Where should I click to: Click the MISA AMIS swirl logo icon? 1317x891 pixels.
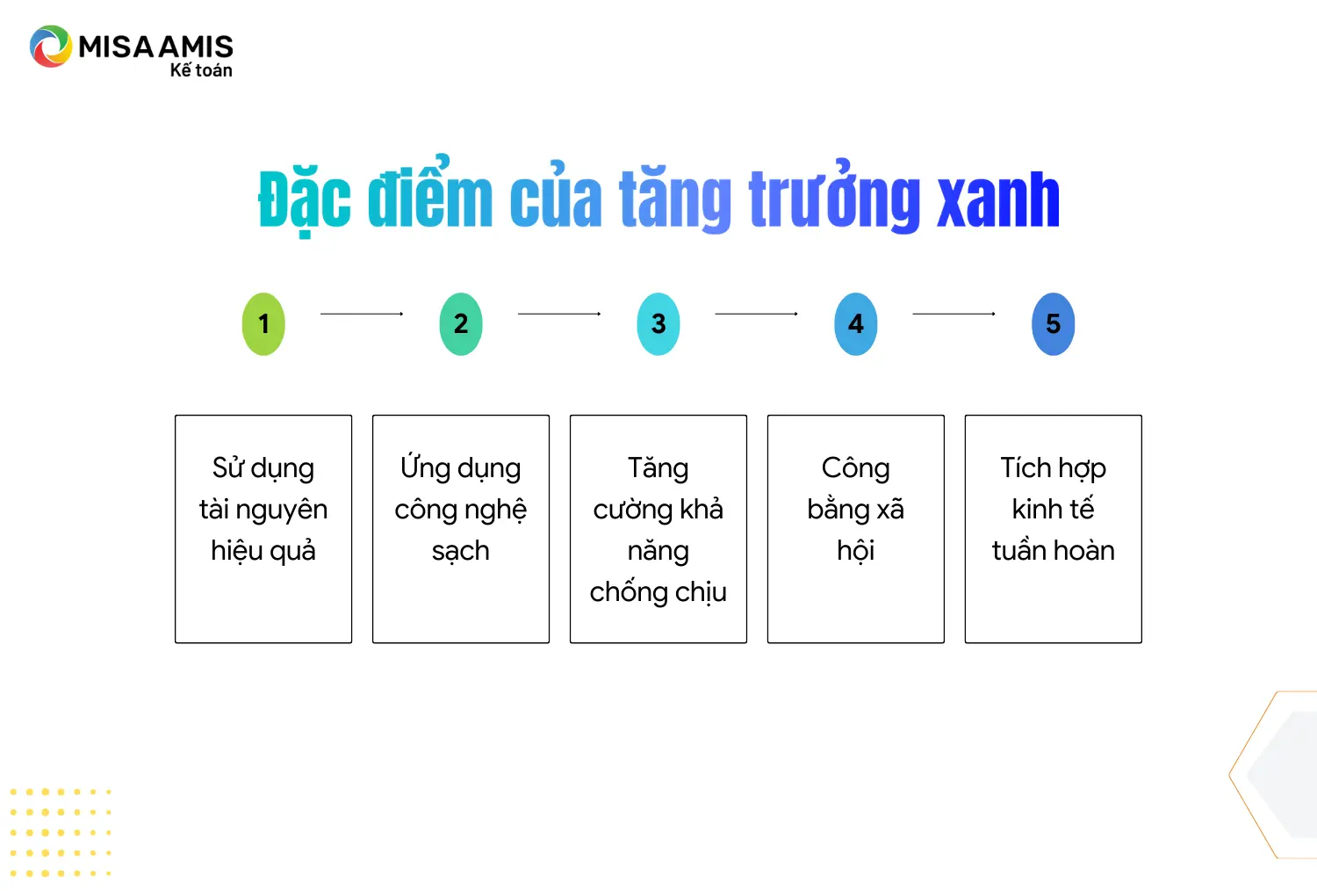pyautogui.click(x=51, y=46)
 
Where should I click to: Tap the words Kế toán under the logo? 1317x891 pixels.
pyautogui.click(x=201, y=70)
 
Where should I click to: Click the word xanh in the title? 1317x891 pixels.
pyautogui.click(x=997, y=199)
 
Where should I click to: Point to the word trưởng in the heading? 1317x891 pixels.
pyautogui.click(x=834, y=197)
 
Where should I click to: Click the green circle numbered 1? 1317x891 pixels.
pyautogui.click(x=263, y=323)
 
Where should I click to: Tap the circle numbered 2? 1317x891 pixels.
pyautogui.click(x=461, y=323)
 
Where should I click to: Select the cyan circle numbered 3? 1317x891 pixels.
pyautogui.click(x=658, y=323)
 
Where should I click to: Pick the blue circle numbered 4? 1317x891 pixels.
pyautogui.click(x=856, y=323)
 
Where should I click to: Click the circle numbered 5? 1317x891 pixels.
pyautogui.click(x=1053, y=323)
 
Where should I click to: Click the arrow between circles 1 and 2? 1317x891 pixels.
pyautogui.click(x=362, y=314)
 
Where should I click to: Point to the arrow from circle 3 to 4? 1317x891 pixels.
pyautogui.click(x=757, y=314)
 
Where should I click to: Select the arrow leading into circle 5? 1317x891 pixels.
pyautogui.click(x=954, y=314)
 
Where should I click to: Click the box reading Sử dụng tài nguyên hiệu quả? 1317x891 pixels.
pyautogui.click(x=263, y=528)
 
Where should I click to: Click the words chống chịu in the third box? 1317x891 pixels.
pyautogui.click(x=658, y=592)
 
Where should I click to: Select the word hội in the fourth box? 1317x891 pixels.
pyautogui.click(x=856, y=551)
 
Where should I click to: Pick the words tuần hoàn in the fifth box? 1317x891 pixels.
pyautogui.click(x=1053, y=550)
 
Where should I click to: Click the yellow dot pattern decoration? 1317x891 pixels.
pyautogui.click(x=61, y=833)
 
